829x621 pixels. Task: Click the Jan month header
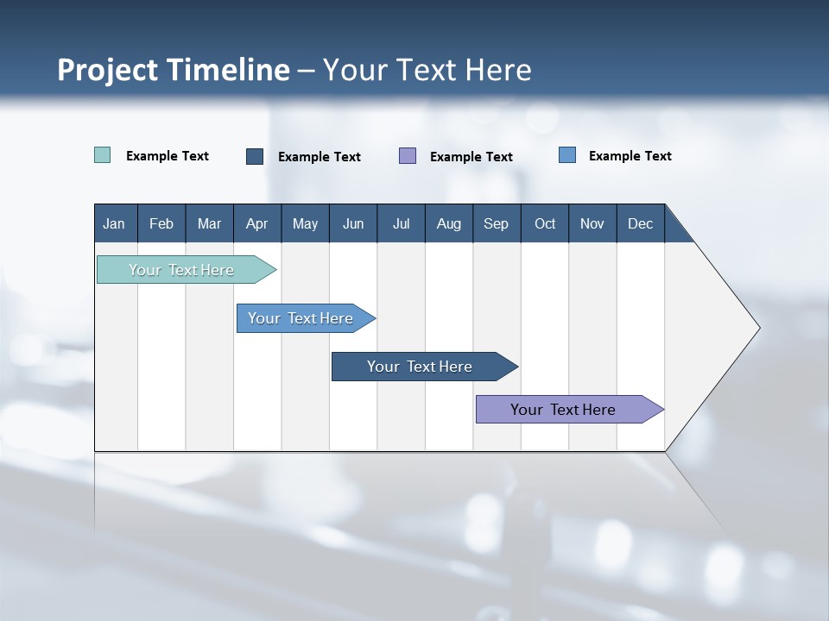(114, 223)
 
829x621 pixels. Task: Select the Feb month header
(161, 223)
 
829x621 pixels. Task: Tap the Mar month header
(209, 223)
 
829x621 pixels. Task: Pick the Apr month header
(256, 223)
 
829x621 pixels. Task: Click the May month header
(305, 223)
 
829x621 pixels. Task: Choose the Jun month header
(353, 223)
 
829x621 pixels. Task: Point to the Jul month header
(401, 223)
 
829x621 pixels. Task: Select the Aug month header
(448, 223)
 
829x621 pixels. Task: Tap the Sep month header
(496, 223)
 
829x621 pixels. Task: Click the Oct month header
(545, 223)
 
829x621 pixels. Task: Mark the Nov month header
(592, 223)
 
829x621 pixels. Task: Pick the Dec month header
(640, 223)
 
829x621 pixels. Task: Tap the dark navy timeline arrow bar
(421, 367)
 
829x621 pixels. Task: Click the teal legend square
(103, 155)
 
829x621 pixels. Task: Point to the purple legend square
(408, 155)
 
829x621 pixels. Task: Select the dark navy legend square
(255, 156)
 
